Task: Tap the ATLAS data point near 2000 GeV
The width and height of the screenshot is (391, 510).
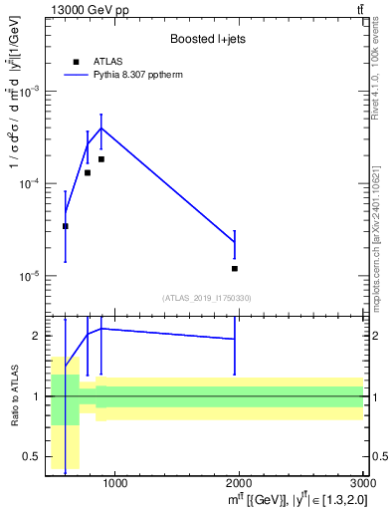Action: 235,269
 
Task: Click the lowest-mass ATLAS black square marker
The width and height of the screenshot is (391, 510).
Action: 65,226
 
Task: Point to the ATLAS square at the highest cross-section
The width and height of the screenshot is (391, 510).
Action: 100,159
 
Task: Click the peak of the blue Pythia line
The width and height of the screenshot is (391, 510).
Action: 100,127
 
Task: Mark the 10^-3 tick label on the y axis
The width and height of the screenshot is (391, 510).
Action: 28,91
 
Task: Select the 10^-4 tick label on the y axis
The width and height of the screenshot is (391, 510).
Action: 28,183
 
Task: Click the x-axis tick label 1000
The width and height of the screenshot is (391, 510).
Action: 114,484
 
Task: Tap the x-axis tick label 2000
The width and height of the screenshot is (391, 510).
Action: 239,484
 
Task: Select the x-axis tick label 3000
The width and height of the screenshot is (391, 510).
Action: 362,484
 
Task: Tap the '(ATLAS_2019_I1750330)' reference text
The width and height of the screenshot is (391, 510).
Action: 206,298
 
